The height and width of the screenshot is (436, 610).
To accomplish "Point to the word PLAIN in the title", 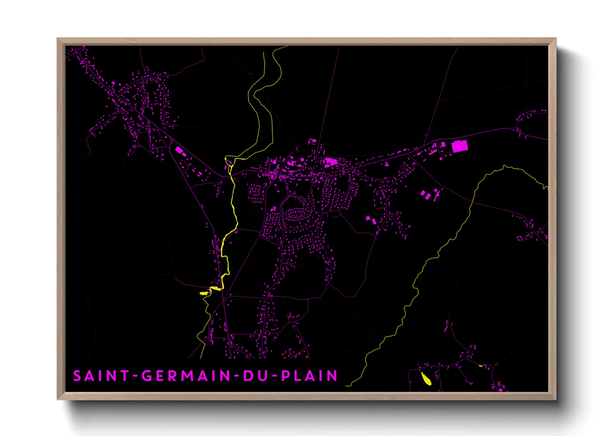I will [310, 376].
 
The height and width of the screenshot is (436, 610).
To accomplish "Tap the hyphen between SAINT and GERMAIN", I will [135, 376].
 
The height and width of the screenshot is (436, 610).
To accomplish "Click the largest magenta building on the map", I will [460, 146].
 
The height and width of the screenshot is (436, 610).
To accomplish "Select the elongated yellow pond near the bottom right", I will [426, 378].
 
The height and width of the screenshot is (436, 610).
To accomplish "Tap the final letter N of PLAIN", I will [333, 376].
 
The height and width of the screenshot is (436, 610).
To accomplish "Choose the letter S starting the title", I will [77, 376].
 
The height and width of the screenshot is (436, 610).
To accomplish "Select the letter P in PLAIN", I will [286, 376].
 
